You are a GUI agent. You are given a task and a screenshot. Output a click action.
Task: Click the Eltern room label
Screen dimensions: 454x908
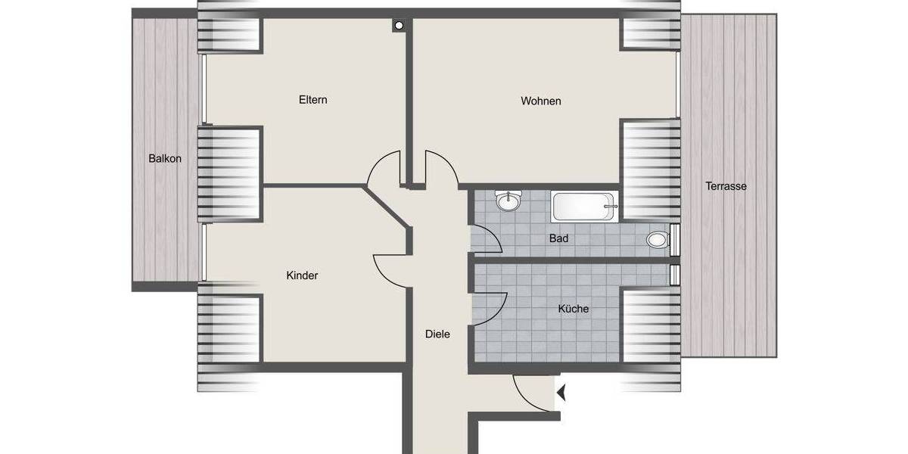[313, 100]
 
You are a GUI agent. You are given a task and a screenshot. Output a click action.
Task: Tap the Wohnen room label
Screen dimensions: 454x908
[540, 101]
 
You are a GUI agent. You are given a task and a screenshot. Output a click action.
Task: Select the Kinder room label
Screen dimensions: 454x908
[302, 275]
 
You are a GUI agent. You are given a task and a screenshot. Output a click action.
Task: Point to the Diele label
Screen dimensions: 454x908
[437, 334]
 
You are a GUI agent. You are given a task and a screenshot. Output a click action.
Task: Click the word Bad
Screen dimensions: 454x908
[558, 238]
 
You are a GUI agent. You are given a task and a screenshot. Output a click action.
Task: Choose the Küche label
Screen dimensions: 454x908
[573, 309]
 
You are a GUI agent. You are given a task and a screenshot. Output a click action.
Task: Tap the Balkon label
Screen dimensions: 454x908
[165, 159]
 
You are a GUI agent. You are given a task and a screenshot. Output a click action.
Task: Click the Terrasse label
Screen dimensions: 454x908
[726, 185]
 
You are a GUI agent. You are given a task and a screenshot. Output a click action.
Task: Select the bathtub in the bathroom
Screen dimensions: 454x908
[585, 207]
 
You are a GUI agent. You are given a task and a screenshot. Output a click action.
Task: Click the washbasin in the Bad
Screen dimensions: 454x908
[508, 202]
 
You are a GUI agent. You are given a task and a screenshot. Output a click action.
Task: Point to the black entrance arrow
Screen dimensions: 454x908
[561, 393]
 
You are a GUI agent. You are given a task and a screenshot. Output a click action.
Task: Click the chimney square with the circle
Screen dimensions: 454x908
[399, 26]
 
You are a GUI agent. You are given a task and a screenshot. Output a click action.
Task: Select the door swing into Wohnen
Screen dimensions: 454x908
[441, 169]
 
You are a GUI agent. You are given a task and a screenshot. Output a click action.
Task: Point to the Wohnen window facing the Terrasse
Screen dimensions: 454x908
[677, 83]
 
